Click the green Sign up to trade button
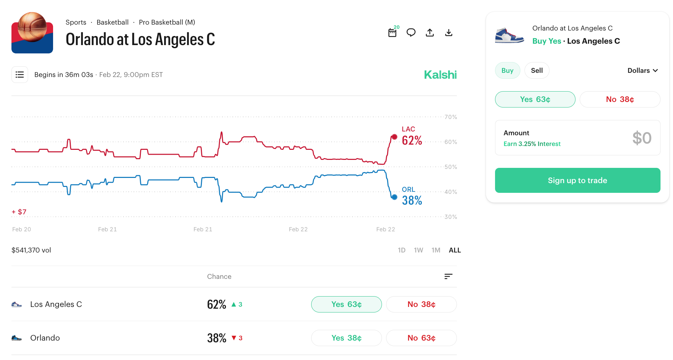click(x=577, y=180)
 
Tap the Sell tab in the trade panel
click(x=537, y=70)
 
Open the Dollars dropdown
click(x=642, y=70)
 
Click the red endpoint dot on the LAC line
click(x=394, y=137)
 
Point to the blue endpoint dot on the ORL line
click(x=394, y=197)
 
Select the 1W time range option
click(x=418, y=250)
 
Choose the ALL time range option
click(x=454, y=250)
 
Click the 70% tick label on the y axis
click(x=451, y=117)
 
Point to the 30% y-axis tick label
click(x=451, y=217)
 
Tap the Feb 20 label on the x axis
click(x=22, y=229)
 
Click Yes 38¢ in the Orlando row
click(x=346, y=338)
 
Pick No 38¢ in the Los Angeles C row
click(x=421, y=304)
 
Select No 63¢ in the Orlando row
click(x=421, y=338)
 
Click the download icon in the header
click(x=449, y=33)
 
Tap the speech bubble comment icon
click(x=411, y=33)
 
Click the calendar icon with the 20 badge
click(x=392, y=33)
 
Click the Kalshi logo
click(x=440, y=75)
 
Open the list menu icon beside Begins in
click(x=20, y=75)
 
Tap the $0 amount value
click(x=641, y=138)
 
